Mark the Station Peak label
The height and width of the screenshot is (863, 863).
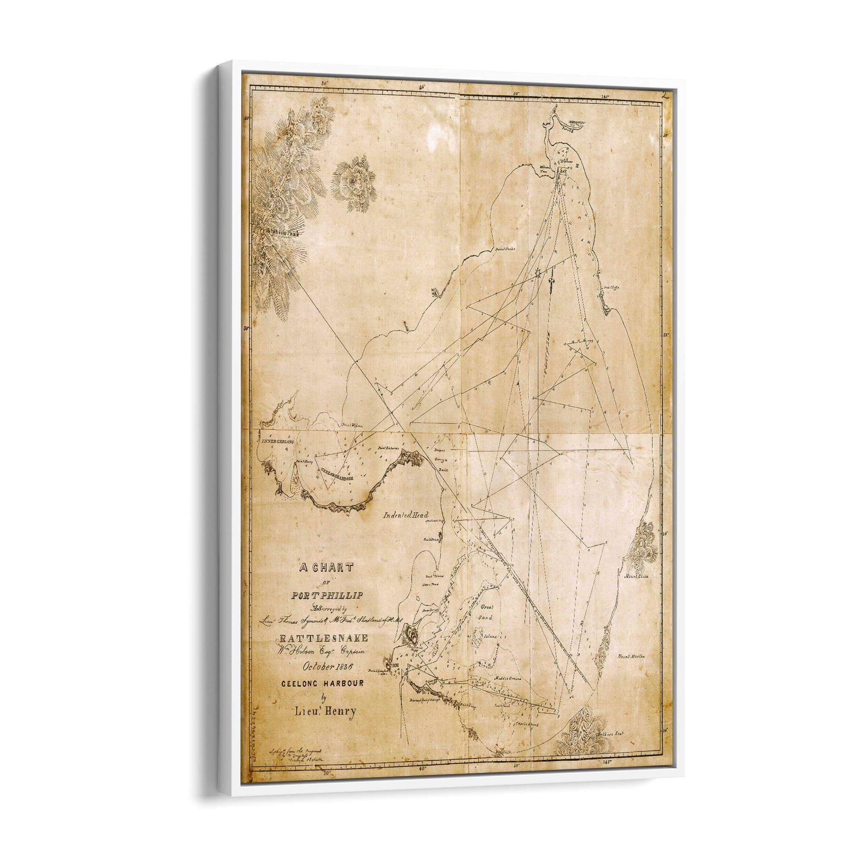[x=283, y=233]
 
